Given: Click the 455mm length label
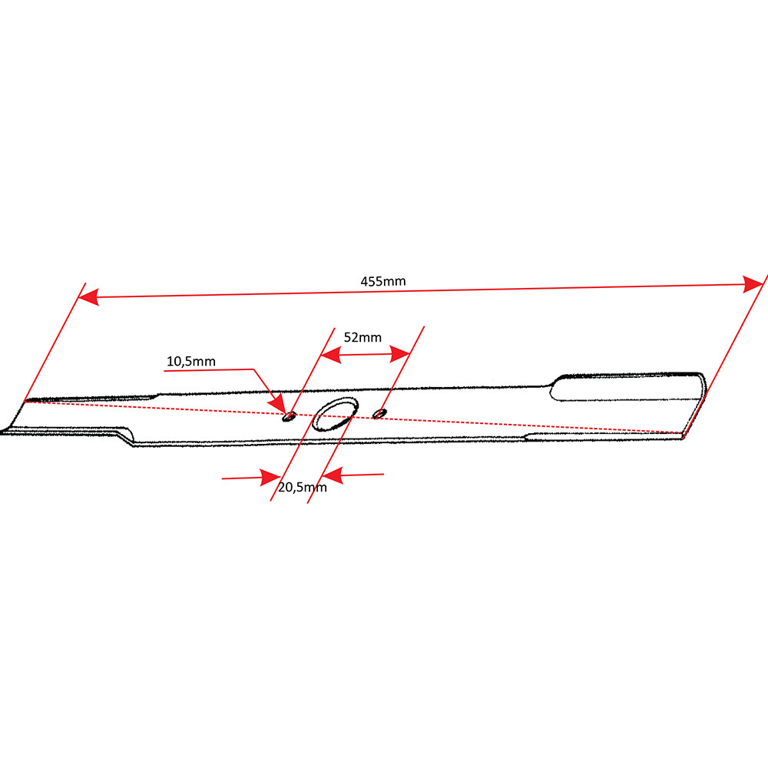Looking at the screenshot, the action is tap(383, 281).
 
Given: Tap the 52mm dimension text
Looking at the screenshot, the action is tap(362, 337).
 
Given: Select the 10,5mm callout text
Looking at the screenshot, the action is tap(191, 362).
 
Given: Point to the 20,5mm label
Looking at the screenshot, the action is tap(302, 488).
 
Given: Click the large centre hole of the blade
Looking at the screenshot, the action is tap(335, 415).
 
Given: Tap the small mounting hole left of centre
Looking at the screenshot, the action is tap(290, 416).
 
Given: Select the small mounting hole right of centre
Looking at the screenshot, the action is tap(379, 413).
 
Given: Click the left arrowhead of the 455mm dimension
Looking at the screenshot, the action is tap(88, 296).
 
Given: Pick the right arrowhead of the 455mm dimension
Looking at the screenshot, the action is tap(753, 284).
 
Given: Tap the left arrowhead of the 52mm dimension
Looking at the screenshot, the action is tap(330, 355).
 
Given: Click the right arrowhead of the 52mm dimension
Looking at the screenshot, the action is tap(400, 353).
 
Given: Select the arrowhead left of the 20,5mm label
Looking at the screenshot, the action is tap(270, 478).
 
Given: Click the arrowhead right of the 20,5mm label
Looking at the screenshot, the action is tap(333, 475).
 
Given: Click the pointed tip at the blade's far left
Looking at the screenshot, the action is tap(2, 432).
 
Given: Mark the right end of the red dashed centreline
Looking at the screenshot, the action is tap(682, 433).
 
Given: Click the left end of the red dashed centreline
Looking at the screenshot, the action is tap(25, 401).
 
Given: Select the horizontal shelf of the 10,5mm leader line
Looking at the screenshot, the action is tap(209, 370).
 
